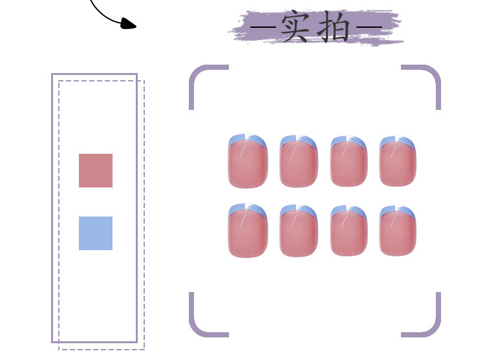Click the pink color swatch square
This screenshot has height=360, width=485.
(x=96, y=171)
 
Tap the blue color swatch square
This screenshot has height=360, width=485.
(x=96, y=233)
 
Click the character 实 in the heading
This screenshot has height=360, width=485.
(x=295, y=28)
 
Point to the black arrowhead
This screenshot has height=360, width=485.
(x=129, y=25)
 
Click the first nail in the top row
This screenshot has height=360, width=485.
(x=248, y=162)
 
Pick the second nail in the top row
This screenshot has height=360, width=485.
(x=299, y=162)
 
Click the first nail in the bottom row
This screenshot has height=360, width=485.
(x=248, y=231)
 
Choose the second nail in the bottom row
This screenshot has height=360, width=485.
(x=299, y=231)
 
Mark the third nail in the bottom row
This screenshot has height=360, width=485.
(x=349, y=231)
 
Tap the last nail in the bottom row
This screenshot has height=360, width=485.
(x=398, y=231)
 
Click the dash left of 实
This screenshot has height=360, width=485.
(x=264, y=28)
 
